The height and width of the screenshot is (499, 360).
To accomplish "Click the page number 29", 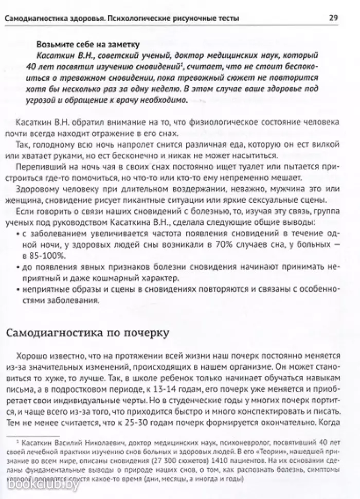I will (x=333, y=19).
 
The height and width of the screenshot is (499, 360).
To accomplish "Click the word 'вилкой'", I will (x=305, y=145).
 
